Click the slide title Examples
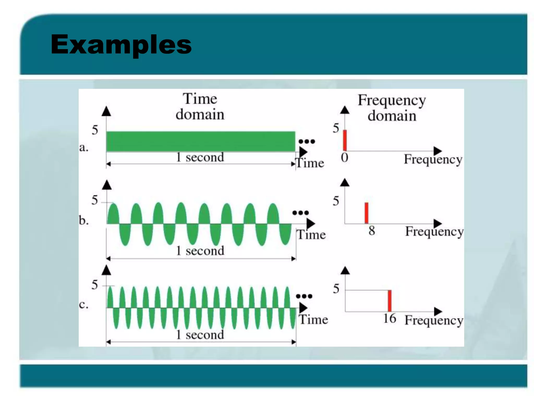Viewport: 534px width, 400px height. pos(121,45)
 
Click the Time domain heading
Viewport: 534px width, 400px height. pos(200,107)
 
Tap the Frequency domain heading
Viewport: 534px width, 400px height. pos(392,108)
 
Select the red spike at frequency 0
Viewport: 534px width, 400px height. pos(345,140)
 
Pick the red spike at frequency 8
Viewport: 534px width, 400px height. pos(366,213)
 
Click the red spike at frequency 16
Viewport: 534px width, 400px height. pos(390,301)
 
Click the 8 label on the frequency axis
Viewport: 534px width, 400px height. pos(372,231)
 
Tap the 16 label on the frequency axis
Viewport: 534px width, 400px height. pos(390,318)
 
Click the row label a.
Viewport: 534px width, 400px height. pos(84,148)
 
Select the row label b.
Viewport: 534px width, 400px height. pos(84,221)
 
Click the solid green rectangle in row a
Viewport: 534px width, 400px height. pos(201,141)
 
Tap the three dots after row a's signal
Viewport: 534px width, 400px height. pos(307,141)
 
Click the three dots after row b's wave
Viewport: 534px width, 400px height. pos(300,213)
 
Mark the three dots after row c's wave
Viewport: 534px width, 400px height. pos(304,296)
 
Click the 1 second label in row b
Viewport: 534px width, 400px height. pos(200,251)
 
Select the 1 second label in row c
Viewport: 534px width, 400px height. pos(200,335)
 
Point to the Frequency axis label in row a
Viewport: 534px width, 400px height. pos(433,159)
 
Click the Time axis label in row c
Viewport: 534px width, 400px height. pos(313,320)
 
